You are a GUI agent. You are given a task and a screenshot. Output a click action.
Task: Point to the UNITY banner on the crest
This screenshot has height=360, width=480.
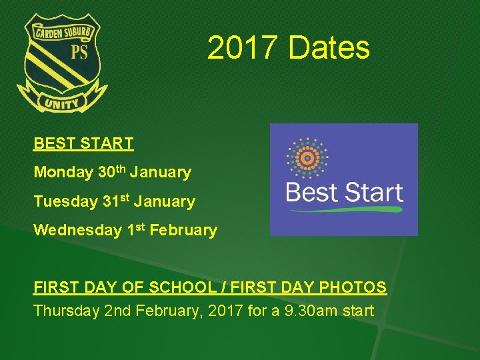[62, 102]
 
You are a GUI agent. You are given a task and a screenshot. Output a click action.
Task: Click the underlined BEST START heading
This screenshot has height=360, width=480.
[83, 143]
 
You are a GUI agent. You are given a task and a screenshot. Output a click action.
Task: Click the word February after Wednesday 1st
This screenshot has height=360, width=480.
[183, 231]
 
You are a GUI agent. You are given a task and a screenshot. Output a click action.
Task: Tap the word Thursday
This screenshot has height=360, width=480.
[66, 311]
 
